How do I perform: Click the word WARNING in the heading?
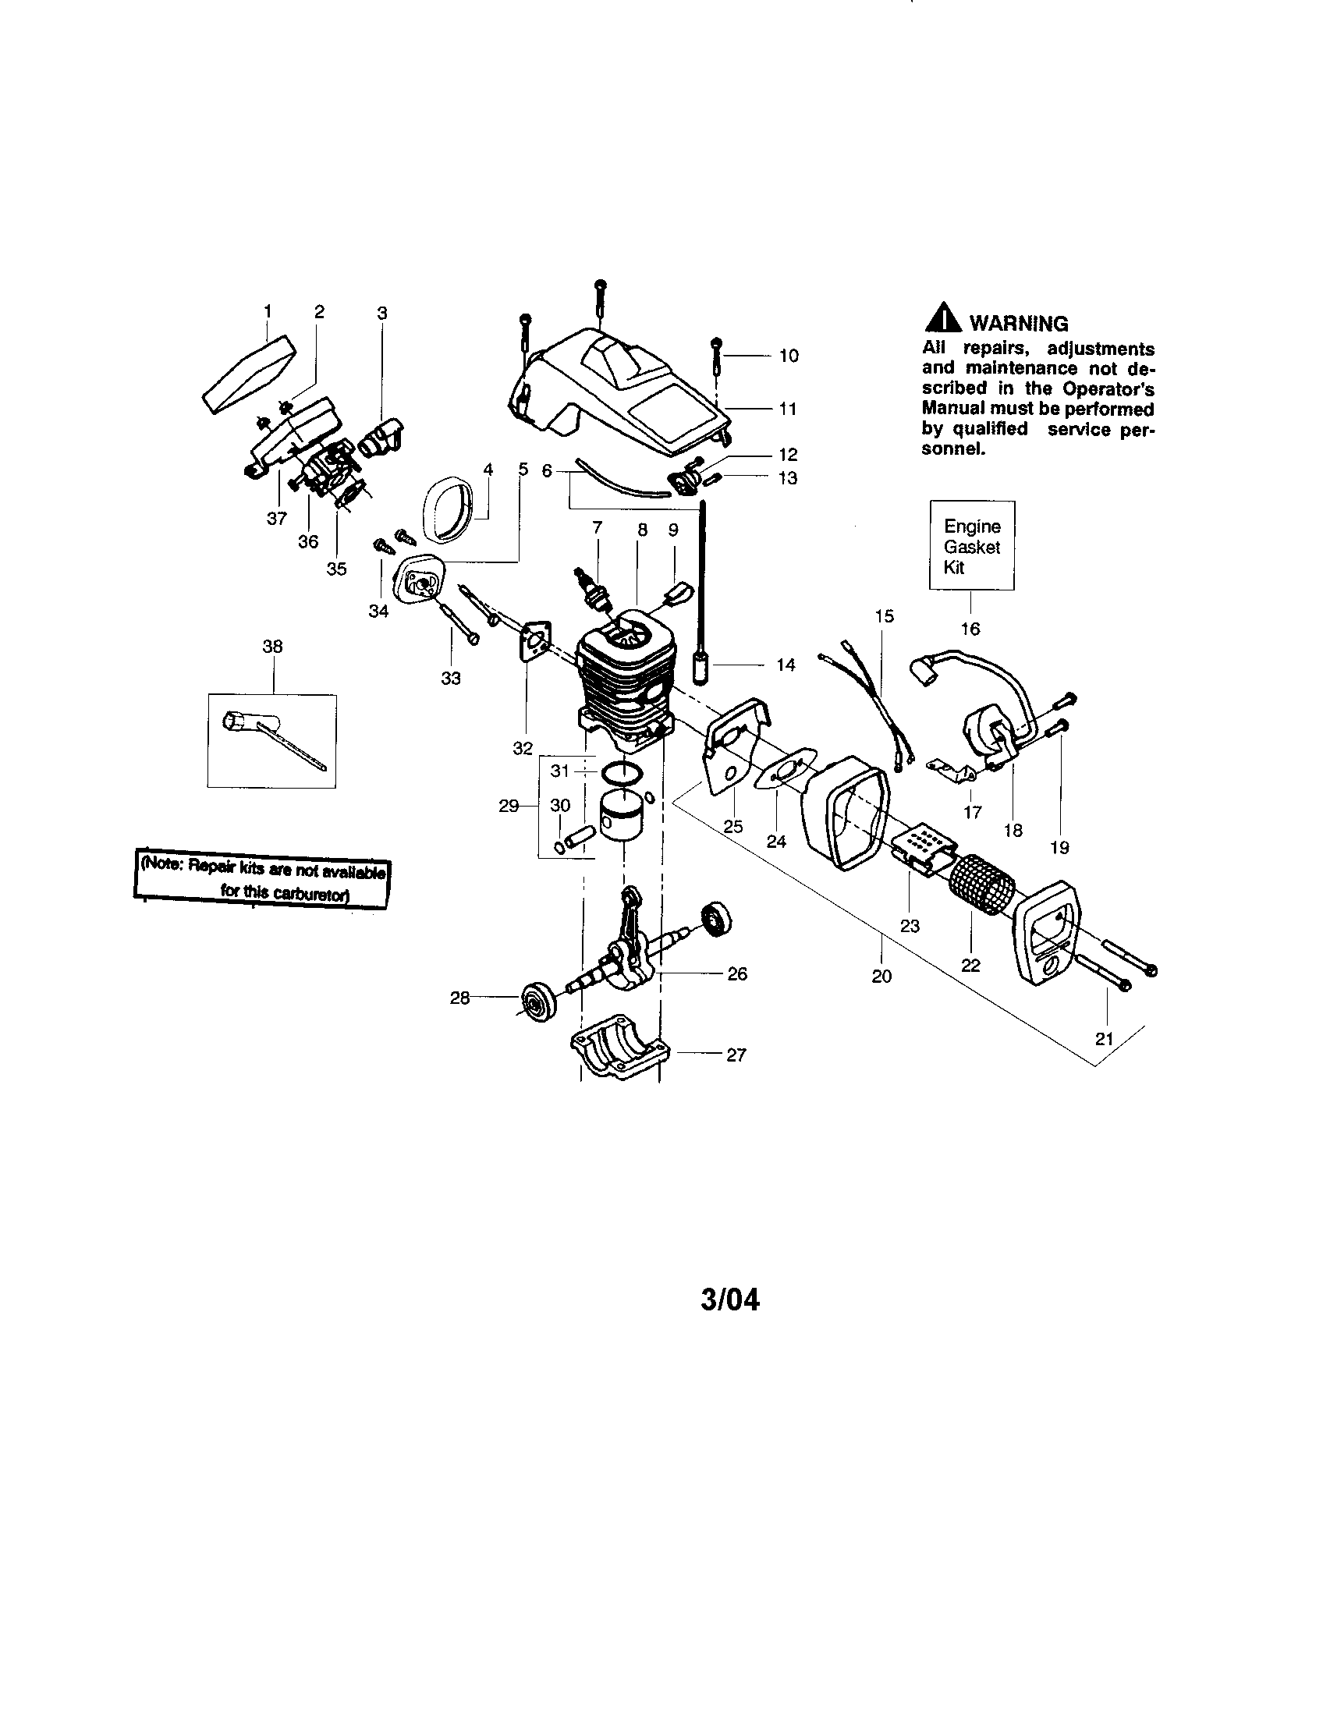coord(1019,324)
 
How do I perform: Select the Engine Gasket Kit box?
coord(972,546)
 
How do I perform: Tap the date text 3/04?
coord(730,1299)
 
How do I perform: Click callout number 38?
coord(272,646)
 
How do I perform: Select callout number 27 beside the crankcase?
coord(736,1055)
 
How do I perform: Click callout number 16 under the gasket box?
coord(970,629)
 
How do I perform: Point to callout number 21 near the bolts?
coord(1104,1039)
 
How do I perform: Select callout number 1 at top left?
coord(268,311)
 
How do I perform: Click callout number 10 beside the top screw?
coord(789,356)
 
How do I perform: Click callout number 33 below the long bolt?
coord(450,678)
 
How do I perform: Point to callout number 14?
coord(786,665)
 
